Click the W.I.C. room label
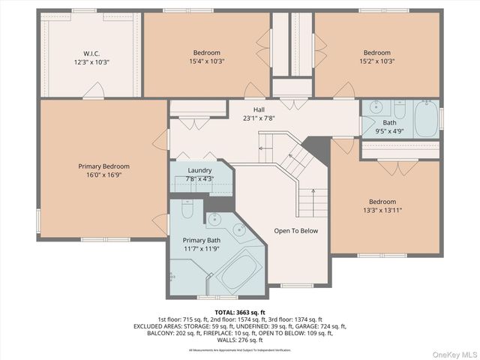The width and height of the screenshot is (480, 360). click(91, 53)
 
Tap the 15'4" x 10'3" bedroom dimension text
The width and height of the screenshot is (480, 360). click(207, 61)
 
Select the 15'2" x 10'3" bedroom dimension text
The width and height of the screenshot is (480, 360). click(376, 61)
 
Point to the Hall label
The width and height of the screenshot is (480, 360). click(259, 109)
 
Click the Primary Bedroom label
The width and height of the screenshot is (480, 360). click(103, 166)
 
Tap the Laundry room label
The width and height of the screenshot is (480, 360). click(199, 170)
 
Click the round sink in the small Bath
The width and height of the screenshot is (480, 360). click(374, 108)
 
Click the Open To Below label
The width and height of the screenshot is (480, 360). click(295, 231)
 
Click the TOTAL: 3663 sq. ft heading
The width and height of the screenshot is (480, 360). click(240, 312)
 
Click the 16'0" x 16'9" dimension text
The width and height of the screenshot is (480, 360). click(103, 175)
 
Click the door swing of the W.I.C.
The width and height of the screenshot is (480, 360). click(92, 91)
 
